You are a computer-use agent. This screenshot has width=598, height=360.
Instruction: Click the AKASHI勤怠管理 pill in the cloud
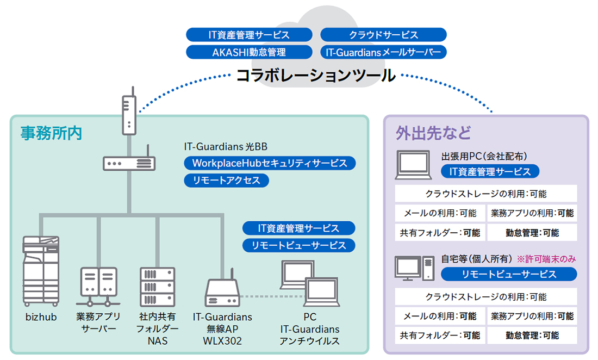(x=249, y=52)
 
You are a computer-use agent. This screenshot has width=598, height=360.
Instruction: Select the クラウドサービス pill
(x=383, y=35)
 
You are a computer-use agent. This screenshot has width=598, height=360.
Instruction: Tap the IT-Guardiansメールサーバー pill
(x=383, y=52)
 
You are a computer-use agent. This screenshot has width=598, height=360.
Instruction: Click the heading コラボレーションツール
(x=316, y=76)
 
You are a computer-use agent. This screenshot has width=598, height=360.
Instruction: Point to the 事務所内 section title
(x=51, y=133)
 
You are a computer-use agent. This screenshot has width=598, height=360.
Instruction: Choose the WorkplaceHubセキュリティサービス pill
(x=270, y=163)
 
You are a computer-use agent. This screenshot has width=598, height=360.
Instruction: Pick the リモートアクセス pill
(x=226, y=181)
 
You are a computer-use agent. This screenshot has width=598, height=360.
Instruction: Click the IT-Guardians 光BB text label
(x=226, y=147)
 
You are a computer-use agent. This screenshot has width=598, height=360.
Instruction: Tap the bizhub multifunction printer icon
(x=41, y=271)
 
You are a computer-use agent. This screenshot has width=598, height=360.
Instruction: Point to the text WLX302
(x=222, y=342)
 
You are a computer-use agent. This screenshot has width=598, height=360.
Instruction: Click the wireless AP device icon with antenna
(x=222, y=291)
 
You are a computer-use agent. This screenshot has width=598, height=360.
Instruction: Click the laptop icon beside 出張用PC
(x=415, y=164)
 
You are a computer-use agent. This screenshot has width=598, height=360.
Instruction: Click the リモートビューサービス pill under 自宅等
(x=508, y=275)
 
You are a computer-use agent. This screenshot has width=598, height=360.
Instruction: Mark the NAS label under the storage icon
(x=157, y=342)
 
